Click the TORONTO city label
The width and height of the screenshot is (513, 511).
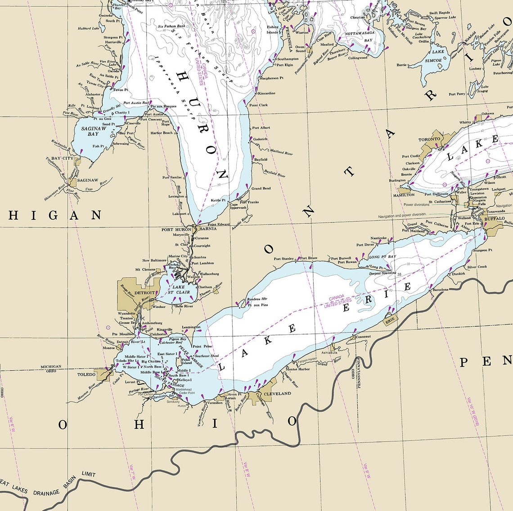coord(429,139)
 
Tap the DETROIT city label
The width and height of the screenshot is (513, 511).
coord(144,293)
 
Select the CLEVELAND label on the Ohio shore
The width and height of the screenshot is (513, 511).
coord(277,393)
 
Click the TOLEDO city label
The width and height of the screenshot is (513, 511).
coord(86,374)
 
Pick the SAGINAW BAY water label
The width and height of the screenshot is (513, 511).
coord(94,131)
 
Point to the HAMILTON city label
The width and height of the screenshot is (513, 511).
coord(404,195)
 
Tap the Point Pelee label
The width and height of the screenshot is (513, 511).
coord(202,347)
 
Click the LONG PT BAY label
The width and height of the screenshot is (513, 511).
coord(382,257)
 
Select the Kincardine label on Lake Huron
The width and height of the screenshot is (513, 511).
coord(266,93)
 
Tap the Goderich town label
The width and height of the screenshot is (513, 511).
coord(260,139)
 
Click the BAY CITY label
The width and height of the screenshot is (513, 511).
coord(62,159)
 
